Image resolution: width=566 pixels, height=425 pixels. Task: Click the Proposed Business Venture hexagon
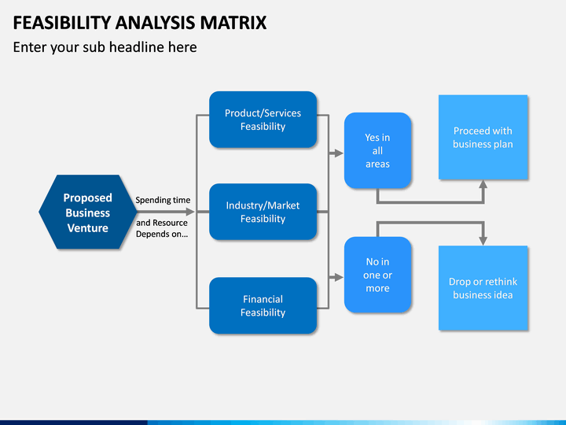coord(88,213)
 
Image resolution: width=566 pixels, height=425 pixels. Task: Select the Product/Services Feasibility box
coord(263,120)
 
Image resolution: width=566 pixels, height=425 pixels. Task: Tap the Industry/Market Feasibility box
coord(263,212)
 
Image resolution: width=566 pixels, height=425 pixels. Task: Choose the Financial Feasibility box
coord(263,305)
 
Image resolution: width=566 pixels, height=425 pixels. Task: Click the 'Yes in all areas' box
coord(377,150)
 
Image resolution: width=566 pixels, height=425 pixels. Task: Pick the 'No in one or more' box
coord(377,275)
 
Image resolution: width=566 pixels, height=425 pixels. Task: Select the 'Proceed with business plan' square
coord(483,137)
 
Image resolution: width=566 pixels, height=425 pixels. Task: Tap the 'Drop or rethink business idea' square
coord(483,288)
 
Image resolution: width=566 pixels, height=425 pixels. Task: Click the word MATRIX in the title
coord(233,23)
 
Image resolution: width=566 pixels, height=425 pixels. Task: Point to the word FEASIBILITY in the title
coord(62,23)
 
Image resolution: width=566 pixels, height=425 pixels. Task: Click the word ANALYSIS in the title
coord(156,23)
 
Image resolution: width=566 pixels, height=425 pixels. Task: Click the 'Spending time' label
coord(163,200)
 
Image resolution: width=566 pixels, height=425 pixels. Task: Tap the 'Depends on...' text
coord(162,234)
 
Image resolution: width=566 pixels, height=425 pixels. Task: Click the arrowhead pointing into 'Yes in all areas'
coord(339,153)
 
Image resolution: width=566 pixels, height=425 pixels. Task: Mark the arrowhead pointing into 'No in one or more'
coord(339,277)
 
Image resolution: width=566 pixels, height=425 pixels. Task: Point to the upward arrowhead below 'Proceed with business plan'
coord(483,184)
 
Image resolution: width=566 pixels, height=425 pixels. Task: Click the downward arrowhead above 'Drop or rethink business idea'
coord(483,241)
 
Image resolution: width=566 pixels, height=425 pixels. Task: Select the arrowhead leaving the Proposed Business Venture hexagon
coord(190,212)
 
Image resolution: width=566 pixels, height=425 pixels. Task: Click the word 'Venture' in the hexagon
coord(88,228)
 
